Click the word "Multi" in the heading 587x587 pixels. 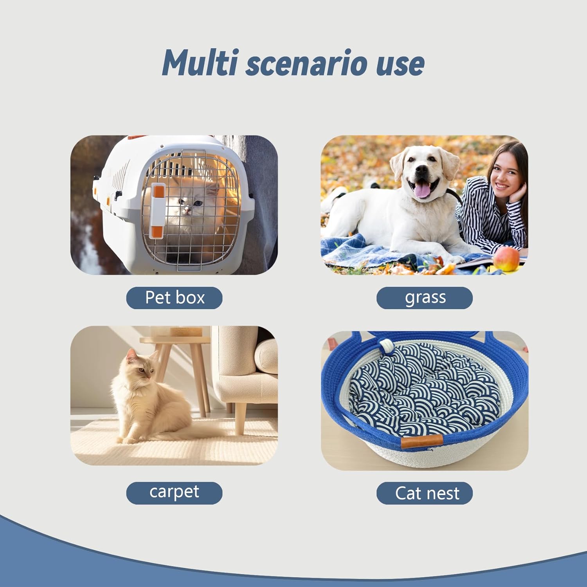pos(200,63)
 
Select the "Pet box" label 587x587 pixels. pos(175,298)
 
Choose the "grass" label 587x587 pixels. pos(425,298)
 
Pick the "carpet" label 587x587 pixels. pos(175,493)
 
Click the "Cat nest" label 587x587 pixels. pos(425,493)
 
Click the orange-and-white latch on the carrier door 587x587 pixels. pos(158,209)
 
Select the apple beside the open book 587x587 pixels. pos(506,259)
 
